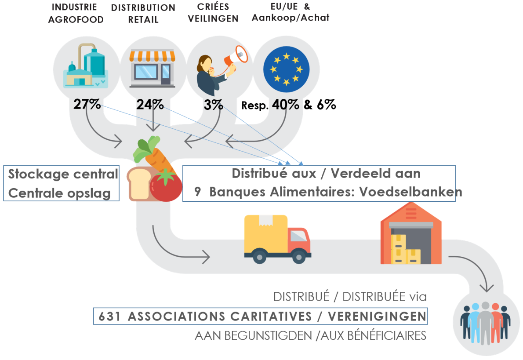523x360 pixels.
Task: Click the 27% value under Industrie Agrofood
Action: [87, 105]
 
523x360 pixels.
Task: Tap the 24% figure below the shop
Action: [150, 105]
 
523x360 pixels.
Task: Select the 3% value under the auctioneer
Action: [213, 105]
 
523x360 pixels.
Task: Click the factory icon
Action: [85, 65]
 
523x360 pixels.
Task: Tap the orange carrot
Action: [159, 158]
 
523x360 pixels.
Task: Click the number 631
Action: [109, 317]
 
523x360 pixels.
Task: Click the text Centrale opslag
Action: [59, 193]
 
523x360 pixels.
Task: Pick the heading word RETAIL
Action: [143, 20]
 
